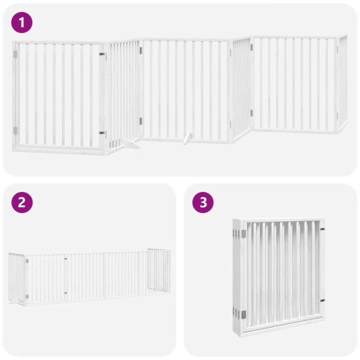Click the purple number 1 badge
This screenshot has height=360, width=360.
point(22,23)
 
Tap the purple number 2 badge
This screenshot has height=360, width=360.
point(22,202)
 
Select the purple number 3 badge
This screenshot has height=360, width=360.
point(203,202)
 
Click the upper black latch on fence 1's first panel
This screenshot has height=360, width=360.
point(102,55)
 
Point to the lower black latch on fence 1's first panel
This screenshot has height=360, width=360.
point(102,133)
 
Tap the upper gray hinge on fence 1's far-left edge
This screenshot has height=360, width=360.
point(16,54)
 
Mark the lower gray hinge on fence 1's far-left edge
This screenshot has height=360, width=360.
point(16,130)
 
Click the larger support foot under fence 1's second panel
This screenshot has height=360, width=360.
point(128,144)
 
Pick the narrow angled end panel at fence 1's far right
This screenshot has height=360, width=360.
point(342,84)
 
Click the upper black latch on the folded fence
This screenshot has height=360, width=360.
point(323,229)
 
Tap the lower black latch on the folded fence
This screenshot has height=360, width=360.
point(323,300)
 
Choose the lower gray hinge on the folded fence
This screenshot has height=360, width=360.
point(243,314)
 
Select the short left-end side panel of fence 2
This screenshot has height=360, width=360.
point(17,277)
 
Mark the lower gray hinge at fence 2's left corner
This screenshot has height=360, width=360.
point(26,296)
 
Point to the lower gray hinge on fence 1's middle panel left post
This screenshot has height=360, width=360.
point(142,122)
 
